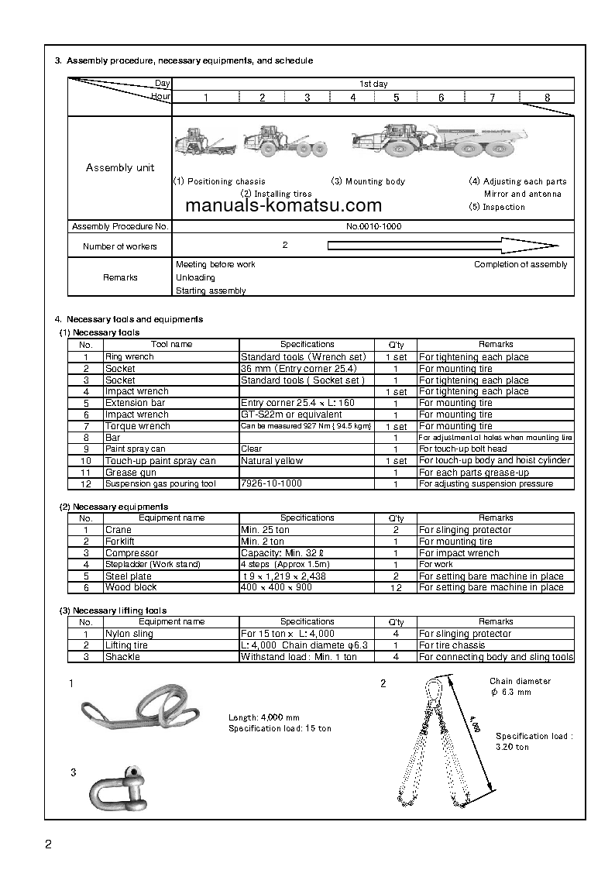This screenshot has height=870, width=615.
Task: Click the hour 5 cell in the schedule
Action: coord(396,98)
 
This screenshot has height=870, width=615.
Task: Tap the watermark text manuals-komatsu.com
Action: coord(284,206)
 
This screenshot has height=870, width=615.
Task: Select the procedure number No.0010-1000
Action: coord(373,227)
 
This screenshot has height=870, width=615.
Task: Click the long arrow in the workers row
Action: coord(442,246)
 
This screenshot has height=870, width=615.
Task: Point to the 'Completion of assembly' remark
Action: coord(521,264)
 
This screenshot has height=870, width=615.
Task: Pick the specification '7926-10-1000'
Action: coord(271,483)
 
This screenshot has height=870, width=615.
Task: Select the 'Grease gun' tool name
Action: coord(131,472)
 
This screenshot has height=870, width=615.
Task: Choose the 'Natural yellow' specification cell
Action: coord(272,461)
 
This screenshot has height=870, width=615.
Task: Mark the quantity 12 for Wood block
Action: coord(395,588)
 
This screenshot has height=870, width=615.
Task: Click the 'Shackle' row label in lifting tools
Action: coord(122,657)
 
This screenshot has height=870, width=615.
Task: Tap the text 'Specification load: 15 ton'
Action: coord(280,729)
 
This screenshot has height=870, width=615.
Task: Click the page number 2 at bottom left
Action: coord(48,844)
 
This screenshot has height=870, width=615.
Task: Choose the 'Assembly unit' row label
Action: coord(120,167)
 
